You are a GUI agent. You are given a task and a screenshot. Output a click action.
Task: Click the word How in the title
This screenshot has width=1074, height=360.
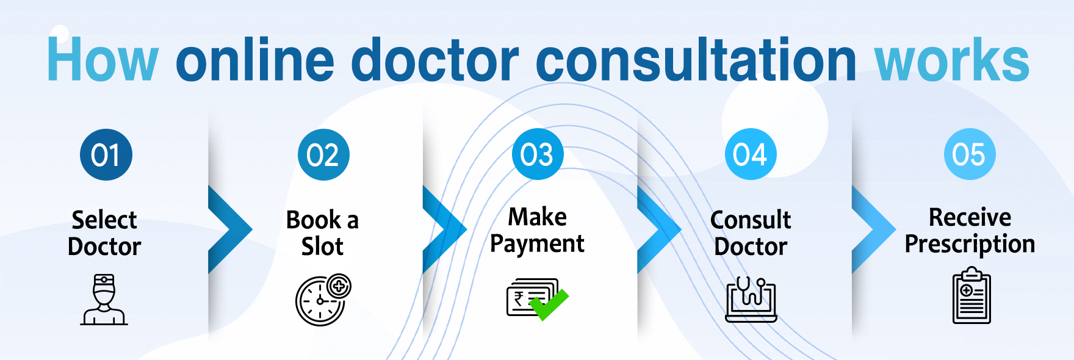(103, 59)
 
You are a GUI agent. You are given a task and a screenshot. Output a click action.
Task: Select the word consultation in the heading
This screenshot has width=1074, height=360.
(696, 59)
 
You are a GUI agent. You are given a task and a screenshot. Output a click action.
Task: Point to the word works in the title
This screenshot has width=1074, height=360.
(953, 59)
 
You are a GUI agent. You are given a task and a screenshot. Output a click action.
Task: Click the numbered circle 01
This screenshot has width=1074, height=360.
(106, 154)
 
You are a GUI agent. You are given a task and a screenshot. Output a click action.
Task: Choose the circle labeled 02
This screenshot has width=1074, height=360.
(323, 154)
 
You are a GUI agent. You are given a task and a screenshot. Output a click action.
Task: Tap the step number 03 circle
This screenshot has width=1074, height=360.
(538, 154)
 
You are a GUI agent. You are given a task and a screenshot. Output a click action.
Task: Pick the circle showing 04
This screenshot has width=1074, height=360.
(751, 154)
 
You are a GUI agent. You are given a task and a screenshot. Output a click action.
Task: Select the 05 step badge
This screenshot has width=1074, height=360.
(970, 154)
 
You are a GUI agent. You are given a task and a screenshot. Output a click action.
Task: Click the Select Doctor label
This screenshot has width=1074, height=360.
(104, 233)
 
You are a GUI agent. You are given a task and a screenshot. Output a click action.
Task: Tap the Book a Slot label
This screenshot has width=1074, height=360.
(322, 233)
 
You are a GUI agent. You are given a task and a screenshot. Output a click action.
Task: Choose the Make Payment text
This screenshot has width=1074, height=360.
(538, 231)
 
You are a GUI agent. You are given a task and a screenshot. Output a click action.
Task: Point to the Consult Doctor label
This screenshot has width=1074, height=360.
(751, 233)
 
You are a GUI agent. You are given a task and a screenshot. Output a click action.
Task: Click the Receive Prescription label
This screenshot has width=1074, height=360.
(970, 231)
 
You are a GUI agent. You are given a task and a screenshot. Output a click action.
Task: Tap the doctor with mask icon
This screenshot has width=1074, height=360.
(104, 299)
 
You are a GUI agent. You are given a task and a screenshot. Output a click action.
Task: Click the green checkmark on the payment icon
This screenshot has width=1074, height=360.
(549, 304)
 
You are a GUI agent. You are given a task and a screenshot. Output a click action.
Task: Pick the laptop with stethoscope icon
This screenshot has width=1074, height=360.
(751, 299)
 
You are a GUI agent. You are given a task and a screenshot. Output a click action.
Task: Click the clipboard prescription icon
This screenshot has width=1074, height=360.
(971, 295)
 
